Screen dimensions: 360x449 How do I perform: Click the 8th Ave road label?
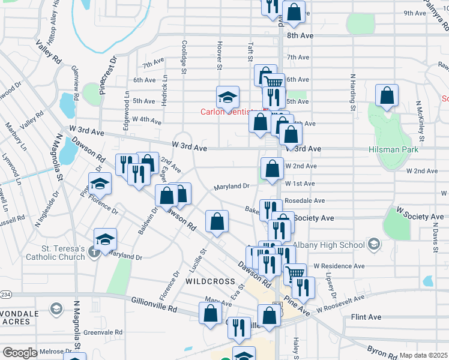(300, 36)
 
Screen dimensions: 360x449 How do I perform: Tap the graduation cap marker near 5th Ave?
(228, 97)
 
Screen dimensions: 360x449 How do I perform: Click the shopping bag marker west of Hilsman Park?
(387, 95)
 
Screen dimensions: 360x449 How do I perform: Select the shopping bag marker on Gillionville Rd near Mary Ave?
(209, 313)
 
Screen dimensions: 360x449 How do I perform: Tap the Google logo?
(20, 353)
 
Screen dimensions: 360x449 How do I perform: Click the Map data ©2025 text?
(424, 355)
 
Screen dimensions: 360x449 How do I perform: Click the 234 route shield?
(5, 295)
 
